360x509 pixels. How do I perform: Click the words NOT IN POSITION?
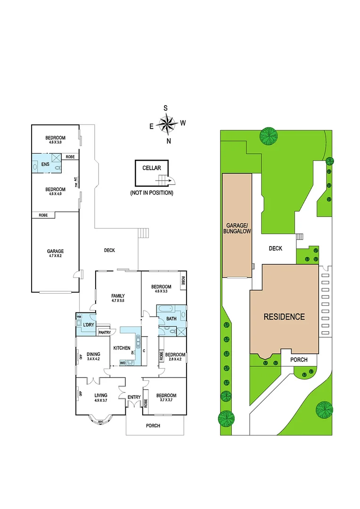pos(152,193)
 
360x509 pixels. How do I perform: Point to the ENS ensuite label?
pos(45,164)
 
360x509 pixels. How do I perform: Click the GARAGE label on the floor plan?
pos(55,251)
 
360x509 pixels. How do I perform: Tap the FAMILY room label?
pos(118,296)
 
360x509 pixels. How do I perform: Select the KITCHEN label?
pos(121,348)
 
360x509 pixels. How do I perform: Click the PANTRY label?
pos(104,332)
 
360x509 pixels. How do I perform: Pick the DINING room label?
pos(93,353)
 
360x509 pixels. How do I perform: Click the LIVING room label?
pos(101,395)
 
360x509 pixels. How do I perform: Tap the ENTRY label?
pos(134,397)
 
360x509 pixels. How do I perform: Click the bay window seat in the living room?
pos(101,421)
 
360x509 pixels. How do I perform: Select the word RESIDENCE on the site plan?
pos(284,317)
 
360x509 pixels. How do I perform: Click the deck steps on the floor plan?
pos(143,232)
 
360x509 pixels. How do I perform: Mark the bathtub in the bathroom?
pos(165,309)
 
